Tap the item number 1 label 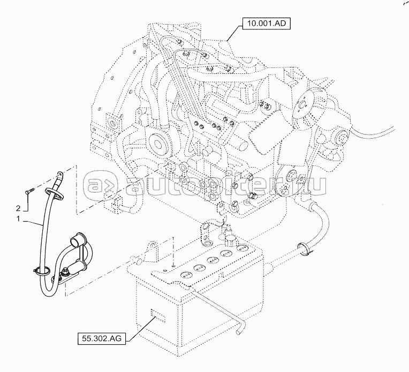tap(19, 220)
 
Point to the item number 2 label tap(19, 207)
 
